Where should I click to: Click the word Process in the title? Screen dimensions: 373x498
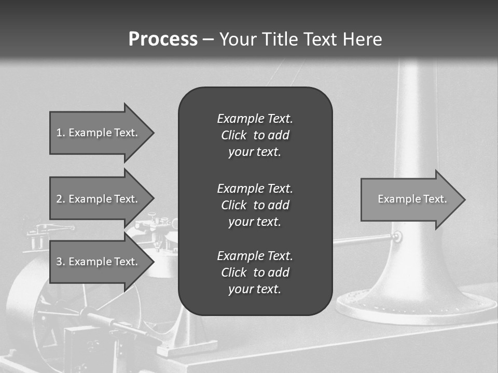pos(163,39)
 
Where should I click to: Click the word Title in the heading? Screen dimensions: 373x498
pos(279,39)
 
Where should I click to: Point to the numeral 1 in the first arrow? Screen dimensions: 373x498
pos(59,133)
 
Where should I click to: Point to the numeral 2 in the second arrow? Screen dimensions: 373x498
pos(59,199)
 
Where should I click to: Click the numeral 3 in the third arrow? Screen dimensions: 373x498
pos(59,262)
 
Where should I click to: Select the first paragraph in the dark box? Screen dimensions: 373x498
pos(255,135)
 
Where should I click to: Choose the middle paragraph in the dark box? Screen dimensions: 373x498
pos(255,205)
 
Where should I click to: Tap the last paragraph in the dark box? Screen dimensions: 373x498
pos(255,272)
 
